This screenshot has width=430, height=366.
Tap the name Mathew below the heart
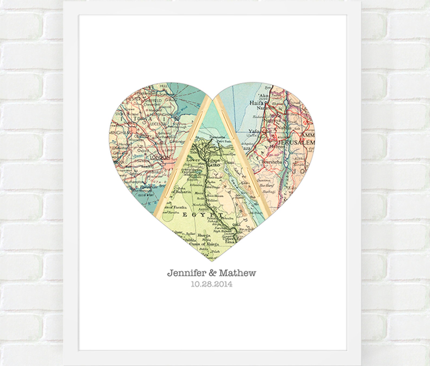(x=237, y=273)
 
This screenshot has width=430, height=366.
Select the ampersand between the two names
(x=212, y=273)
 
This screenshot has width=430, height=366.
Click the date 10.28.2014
(x=211, y=284)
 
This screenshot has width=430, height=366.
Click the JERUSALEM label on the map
(x=296, y=142)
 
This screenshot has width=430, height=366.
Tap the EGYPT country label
(x=203, y=215)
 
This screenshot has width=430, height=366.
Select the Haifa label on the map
(x=256, y=103)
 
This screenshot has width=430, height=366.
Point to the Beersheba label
(x=272, y=162)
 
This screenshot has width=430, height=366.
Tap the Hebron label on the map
(x=277, y=146)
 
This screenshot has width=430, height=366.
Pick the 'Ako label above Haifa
(x=263, y=96)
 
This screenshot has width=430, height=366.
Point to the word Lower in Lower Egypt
(x=193, y=160)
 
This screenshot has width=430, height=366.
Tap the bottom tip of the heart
(x=212, y=261)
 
